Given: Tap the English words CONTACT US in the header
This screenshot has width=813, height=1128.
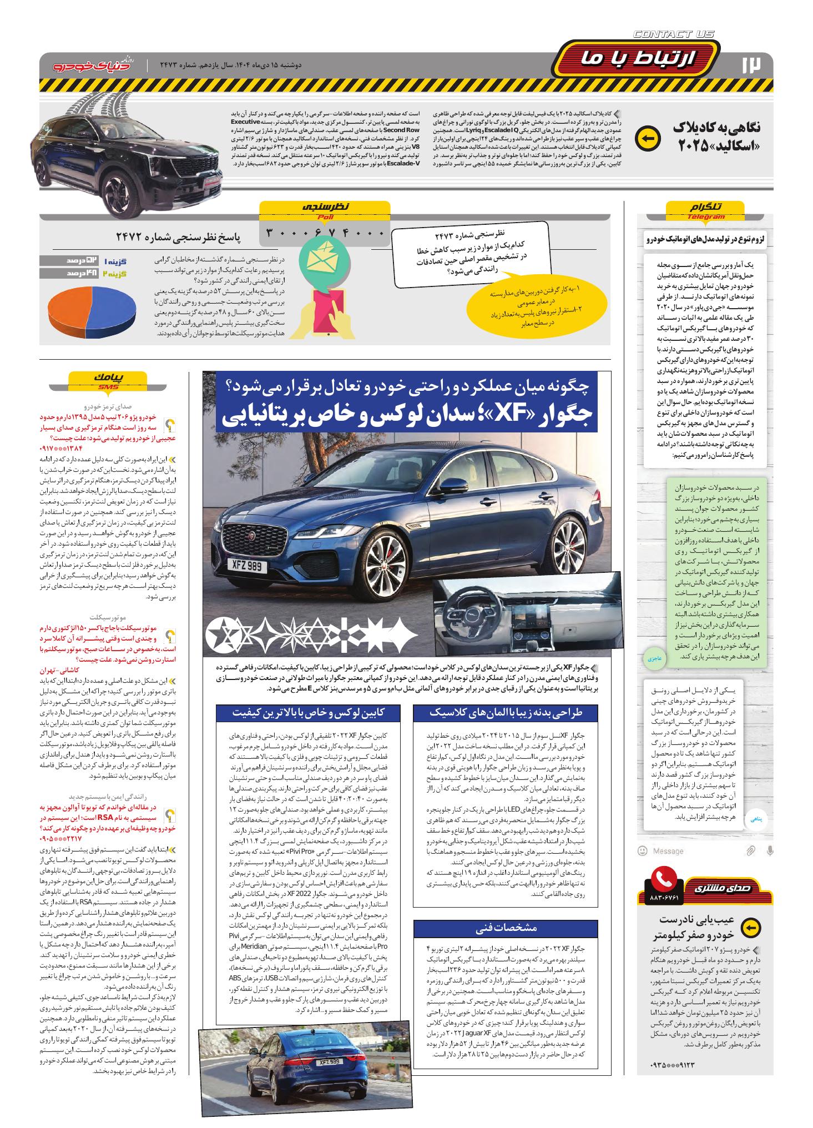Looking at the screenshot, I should tap(674, 34).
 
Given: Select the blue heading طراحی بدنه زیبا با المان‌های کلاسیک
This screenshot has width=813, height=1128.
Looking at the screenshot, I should tap(506, 712).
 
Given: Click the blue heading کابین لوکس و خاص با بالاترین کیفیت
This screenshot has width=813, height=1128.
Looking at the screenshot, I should tap(308, 712).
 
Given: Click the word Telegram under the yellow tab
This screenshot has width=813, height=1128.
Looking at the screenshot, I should tap(705, 216).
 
